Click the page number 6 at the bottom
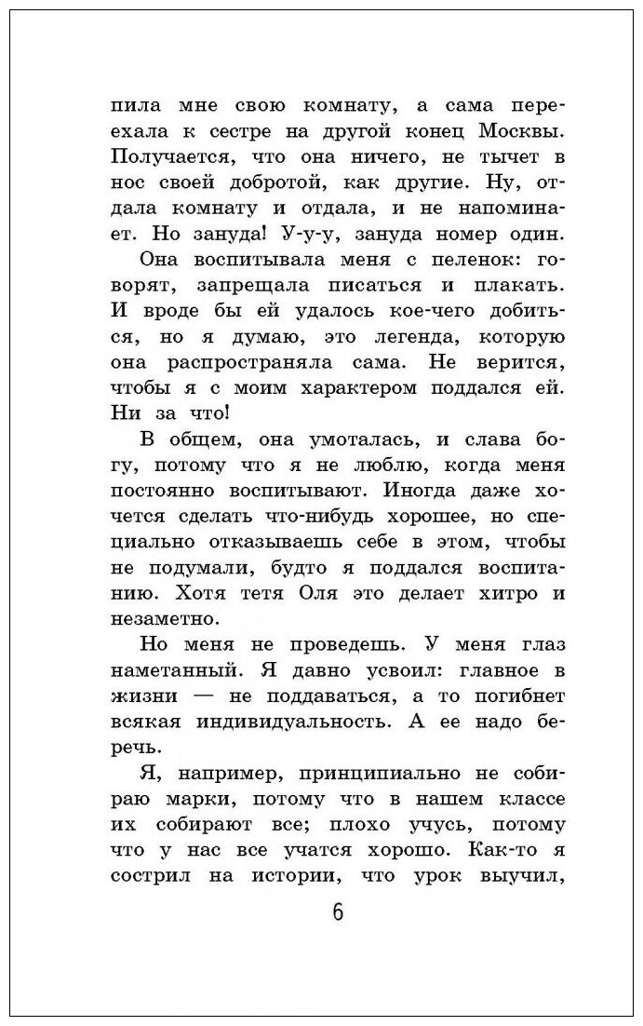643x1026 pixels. click(x=337, y=912)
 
